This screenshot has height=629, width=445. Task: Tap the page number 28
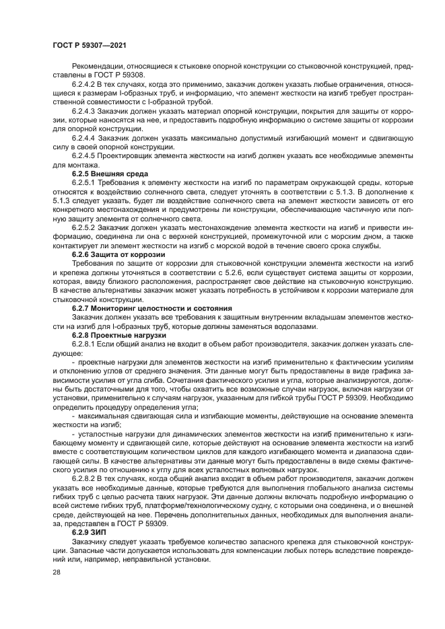(x=56, y=573)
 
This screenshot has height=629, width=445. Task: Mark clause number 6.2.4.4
(x=85, y=137)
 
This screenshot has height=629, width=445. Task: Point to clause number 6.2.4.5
(x=85, y=155)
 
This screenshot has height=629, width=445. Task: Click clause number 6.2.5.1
(x=85, y=182)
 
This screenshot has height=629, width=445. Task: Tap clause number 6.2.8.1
(x=85, y=343)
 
